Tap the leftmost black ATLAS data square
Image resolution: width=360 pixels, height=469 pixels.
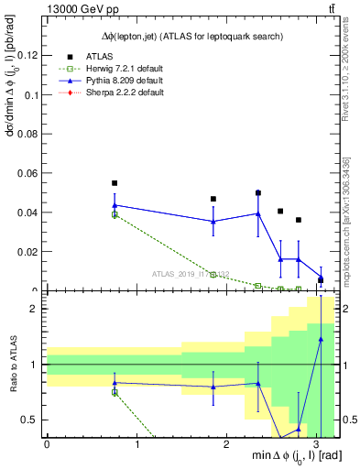115,183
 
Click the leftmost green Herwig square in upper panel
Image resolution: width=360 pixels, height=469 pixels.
115,214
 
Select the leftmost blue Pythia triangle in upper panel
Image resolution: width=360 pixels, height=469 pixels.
115,205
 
